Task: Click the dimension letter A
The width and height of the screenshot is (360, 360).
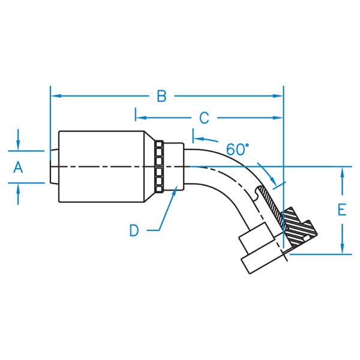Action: [x=18, y=168]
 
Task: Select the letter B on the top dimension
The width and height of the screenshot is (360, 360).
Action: [x=161, y=96]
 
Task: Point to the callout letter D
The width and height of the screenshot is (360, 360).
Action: [x=134, y=230]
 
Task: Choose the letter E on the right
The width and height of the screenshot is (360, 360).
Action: [x=342, y=210]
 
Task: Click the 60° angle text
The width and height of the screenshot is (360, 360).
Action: [x=238, y=148]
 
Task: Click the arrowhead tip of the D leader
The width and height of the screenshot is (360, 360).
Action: [x=175, y=189]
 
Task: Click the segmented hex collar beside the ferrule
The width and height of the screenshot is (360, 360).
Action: [x=159, y=166]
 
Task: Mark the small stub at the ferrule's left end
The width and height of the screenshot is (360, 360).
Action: [x=54, y=166]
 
